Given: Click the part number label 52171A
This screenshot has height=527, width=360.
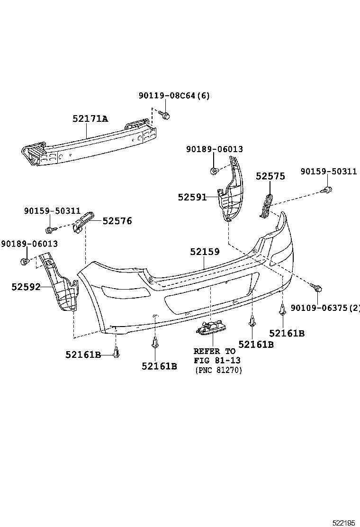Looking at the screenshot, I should [x=90, y=119].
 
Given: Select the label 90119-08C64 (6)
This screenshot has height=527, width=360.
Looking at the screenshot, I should [x=174, y=96].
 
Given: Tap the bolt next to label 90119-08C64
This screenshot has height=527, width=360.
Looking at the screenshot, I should [x=165, y=115].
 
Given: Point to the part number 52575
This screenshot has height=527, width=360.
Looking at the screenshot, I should [x=270, y=176].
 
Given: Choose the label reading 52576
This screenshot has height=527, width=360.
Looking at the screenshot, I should [x=117, y=221].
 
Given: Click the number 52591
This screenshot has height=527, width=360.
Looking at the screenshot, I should [x=192, y=197].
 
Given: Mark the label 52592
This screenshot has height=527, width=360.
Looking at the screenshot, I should [x=26, y=287].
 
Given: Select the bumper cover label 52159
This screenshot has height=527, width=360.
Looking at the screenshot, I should [x=205, y=252].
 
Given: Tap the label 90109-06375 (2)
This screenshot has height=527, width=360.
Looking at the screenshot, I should [x=325, y=308].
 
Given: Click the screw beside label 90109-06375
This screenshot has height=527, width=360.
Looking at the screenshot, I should [x=318, y=287].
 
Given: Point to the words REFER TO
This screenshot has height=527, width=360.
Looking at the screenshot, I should [x=214, y=352].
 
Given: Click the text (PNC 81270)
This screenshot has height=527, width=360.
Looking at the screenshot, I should [x=218, y=371].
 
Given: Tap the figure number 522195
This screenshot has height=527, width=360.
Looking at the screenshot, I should [x=343, y=522].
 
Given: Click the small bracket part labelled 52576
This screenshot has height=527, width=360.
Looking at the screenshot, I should [x=83, y=221].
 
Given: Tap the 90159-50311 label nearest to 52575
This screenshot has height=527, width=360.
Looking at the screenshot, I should [x=328, y=172].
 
